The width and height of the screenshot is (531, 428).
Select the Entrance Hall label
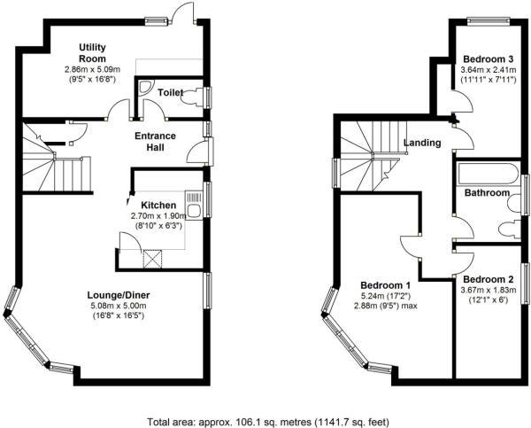(x=155, y=142)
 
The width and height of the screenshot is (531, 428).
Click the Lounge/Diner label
(x=116, y=295)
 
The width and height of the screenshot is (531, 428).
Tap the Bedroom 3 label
(x=487, y=58)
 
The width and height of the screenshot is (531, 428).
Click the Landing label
(x=421, y=143)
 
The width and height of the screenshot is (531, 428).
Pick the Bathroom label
(x=488, y=192)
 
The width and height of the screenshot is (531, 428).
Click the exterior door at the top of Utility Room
(x=182, y=12)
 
